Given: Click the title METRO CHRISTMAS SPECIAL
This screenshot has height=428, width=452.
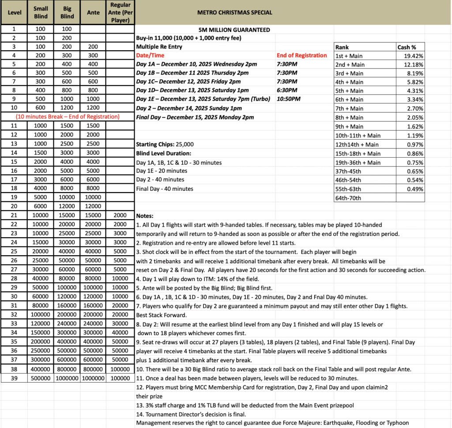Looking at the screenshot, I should point(234,12).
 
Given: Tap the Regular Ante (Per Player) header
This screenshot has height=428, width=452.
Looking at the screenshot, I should point(120,12).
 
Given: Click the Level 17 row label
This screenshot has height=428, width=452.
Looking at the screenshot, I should point(14,180).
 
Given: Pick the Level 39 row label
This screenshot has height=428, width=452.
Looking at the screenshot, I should point(14,378).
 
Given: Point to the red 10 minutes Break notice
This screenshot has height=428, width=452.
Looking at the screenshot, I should point(68,117).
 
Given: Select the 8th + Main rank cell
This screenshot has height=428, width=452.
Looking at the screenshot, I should point(350,117).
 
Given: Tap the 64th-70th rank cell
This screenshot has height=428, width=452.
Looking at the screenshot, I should point(348,198).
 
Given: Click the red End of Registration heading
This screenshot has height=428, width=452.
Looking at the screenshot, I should point(302,55).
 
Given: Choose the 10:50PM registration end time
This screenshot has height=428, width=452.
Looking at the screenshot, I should point(289,99).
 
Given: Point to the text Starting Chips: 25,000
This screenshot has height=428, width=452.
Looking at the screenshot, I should point(165,144).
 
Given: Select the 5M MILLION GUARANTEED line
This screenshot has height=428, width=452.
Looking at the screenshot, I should point(234,30).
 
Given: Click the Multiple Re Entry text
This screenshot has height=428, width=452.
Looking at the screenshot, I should point(159,46).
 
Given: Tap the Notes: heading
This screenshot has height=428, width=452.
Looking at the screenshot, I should point(145,216).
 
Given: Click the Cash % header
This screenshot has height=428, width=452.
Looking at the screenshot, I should point(406,47).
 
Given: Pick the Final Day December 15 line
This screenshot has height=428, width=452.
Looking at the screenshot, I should point(195,117).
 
